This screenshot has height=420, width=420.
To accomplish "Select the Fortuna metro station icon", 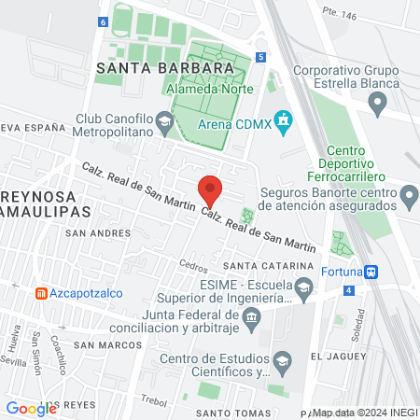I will click(x=371, y=272).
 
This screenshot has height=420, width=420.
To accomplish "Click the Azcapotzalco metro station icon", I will click(x=41, y=292).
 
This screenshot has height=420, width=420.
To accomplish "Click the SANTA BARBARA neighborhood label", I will click(x=163, y=68).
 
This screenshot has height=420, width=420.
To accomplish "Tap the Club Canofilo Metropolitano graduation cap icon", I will click(x=164, y=120).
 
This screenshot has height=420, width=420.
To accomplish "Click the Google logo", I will click(x=31, y=408).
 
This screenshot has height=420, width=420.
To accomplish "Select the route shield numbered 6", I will click(x=101, y=21).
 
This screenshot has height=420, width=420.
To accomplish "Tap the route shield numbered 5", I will click(x=262, y=57).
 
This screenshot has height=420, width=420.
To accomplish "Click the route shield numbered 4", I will click(x=348, y=290).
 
